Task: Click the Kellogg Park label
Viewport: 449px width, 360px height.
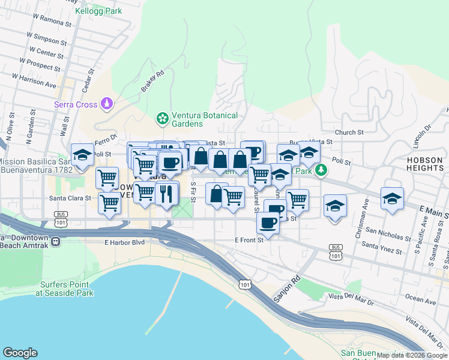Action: click(x=99, y=11)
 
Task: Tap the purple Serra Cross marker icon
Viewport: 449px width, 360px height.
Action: click(x=107, y=104)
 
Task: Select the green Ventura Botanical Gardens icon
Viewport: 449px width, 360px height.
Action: click(x=161, y=119)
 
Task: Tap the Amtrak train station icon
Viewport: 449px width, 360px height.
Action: click(x=56, y=241)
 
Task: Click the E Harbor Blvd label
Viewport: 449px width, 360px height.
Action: click(x=125, y=242)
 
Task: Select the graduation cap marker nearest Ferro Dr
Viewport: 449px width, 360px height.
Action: click(x=82, y=155)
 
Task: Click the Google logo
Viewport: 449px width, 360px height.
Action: click(x=20, y=353)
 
